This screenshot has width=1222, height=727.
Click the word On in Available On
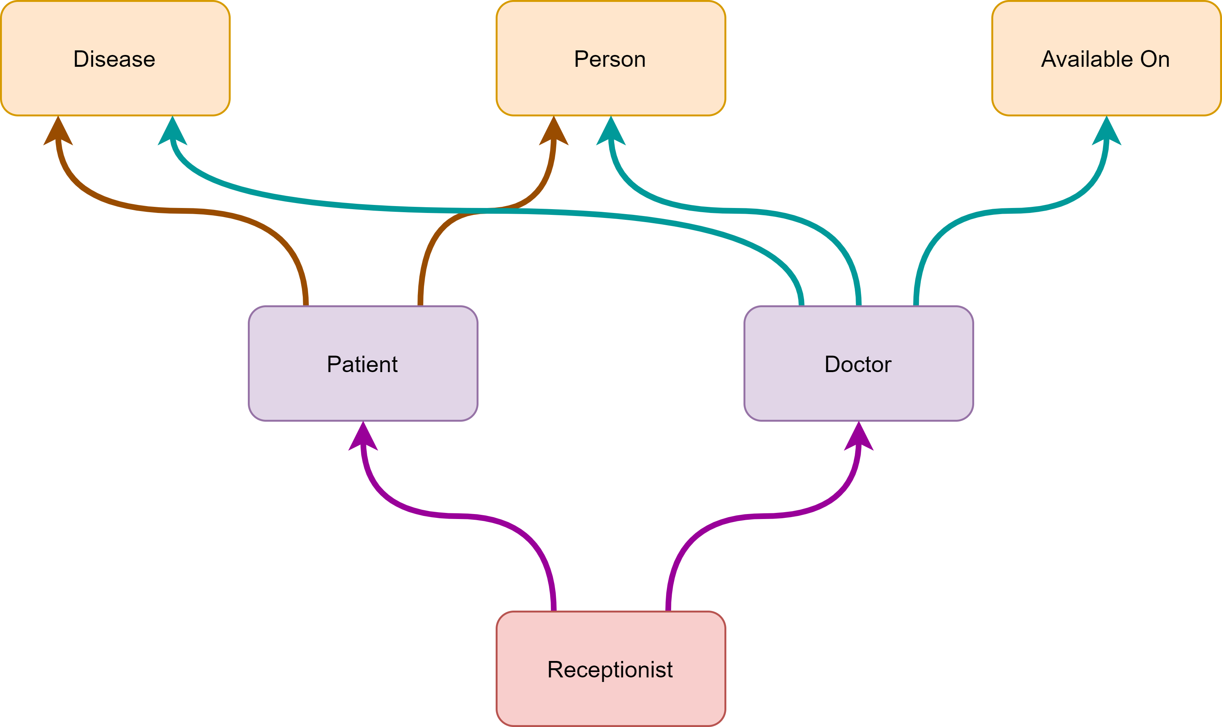(1155, 59)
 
